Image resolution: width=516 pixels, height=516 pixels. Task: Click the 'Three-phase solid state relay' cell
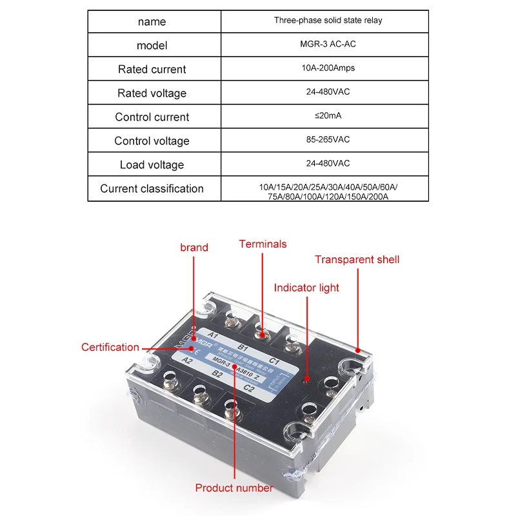tap(328, 21)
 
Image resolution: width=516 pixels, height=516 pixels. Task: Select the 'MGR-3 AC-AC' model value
tap(328, 45)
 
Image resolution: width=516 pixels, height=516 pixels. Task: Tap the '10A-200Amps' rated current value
tap(328, 68)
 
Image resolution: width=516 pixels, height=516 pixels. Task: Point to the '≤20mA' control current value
tap(328, 116)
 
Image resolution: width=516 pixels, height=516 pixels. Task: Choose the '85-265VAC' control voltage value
tap(328, 140)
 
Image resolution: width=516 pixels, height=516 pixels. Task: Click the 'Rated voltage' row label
tap(152, 93)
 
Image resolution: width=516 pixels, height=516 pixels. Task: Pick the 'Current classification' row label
tap(152, 188)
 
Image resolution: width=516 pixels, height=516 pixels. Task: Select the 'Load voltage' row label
tap(152, 164)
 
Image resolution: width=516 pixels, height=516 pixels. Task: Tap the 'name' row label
tap(152, 21)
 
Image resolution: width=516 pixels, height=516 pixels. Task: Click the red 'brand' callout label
tap(194, 248)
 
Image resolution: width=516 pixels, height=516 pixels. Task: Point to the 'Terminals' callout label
tap(263, 244)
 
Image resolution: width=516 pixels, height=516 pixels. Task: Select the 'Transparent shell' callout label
tap(357, 259)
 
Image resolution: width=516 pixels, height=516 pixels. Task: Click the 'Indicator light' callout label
tap(306, 288)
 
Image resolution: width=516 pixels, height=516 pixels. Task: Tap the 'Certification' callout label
tap(110, 347)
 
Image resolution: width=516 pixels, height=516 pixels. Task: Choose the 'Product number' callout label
tap(234, 488)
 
